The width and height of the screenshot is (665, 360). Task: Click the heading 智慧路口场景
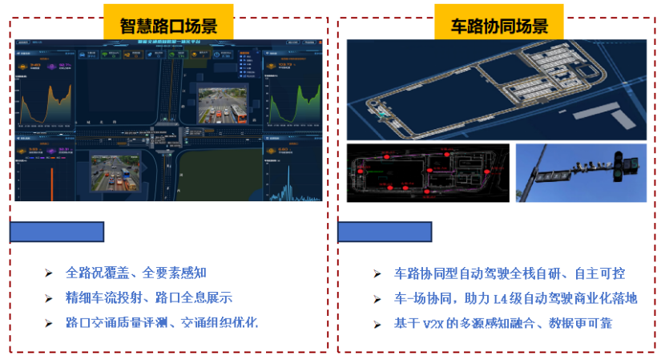pos(168,24)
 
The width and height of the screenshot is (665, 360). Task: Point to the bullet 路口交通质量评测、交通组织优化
pos(162,323)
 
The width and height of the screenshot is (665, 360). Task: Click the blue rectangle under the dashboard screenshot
pos(57,233)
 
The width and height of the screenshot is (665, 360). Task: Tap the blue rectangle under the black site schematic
pos(385,233)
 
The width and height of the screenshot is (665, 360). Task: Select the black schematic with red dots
pos(428,173)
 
